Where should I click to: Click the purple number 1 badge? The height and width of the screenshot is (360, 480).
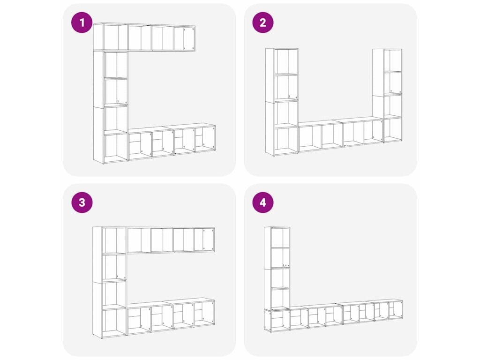tap(82, 22)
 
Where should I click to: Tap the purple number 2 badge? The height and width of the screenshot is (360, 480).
tap(262, 22)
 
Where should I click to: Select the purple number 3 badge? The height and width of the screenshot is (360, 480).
tap(82, 202)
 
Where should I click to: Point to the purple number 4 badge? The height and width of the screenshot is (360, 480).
tap(262, 202)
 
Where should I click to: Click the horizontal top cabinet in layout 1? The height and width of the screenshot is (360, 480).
tap(144, 37)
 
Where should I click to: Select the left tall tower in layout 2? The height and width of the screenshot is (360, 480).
tap(282, 102)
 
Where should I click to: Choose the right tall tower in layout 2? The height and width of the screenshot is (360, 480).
tap(387, 95)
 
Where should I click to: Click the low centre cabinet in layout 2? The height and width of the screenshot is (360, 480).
tap(341, 135)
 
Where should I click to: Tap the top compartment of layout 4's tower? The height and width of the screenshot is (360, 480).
tap(280, 238)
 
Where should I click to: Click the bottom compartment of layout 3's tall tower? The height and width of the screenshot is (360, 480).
tap(114, 322)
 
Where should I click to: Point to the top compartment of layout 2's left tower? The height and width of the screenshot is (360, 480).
tap(286, 61)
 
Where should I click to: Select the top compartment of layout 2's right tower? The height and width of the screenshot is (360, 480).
tap(393, 60)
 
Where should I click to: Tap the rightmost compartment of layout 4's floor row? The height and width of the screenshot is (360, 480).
tap(396, 310)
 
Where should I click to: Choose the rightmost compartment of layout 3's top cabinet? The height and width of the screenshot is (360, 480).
tap(204, 240)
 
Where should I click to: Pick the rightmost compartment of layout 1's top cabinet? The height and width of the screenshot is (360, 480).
tap(185, 38)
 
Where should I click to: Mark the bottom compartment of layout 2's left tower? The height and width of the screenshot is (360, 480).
tap(286, 141)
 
